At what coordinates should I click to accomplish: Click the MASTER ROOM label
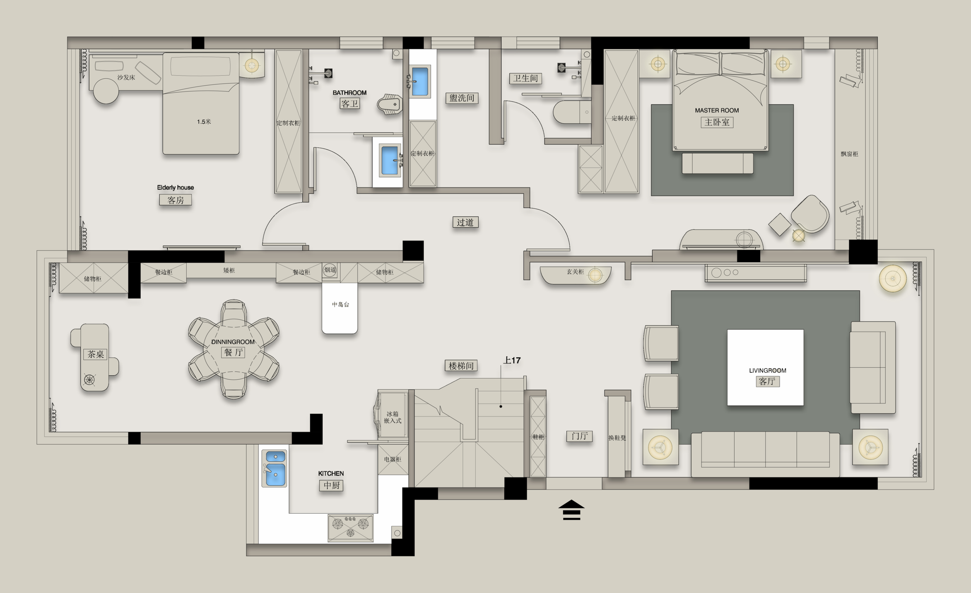717,110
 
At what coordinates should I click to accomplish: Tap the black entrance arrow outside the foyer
571,510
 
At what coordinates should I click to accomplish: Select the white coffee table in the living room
765,367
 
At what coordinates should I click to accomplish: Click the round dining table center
234,349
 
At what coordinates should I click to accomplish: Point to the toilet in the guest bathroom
390,104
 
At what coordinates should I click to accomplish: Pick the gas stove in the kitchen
350,528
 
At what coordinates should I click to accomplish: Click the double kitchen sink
275,468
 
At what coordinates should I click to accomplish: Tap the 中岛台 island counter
340,308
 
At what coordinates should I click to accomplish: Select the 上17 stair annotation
512,360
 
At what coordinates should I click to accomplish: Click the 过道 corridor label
465,222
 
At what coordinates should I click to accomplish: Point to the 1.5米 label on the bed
204,122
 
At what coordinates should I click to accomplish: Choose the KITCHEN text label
331,473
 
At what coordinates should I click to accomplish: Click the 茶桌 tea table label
96,354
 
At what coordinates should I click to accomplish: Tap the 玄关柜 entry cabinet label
575,272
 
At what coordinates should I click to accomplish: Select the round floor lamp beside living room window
893,278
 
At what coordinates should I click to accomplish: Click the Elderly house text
175,187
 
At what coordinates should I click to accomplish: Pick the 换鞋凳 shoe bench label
617,438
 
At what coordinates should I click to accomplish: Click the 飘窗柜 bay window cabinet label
849,154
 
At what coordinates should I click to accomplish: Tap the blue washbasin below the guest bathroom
390,160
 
